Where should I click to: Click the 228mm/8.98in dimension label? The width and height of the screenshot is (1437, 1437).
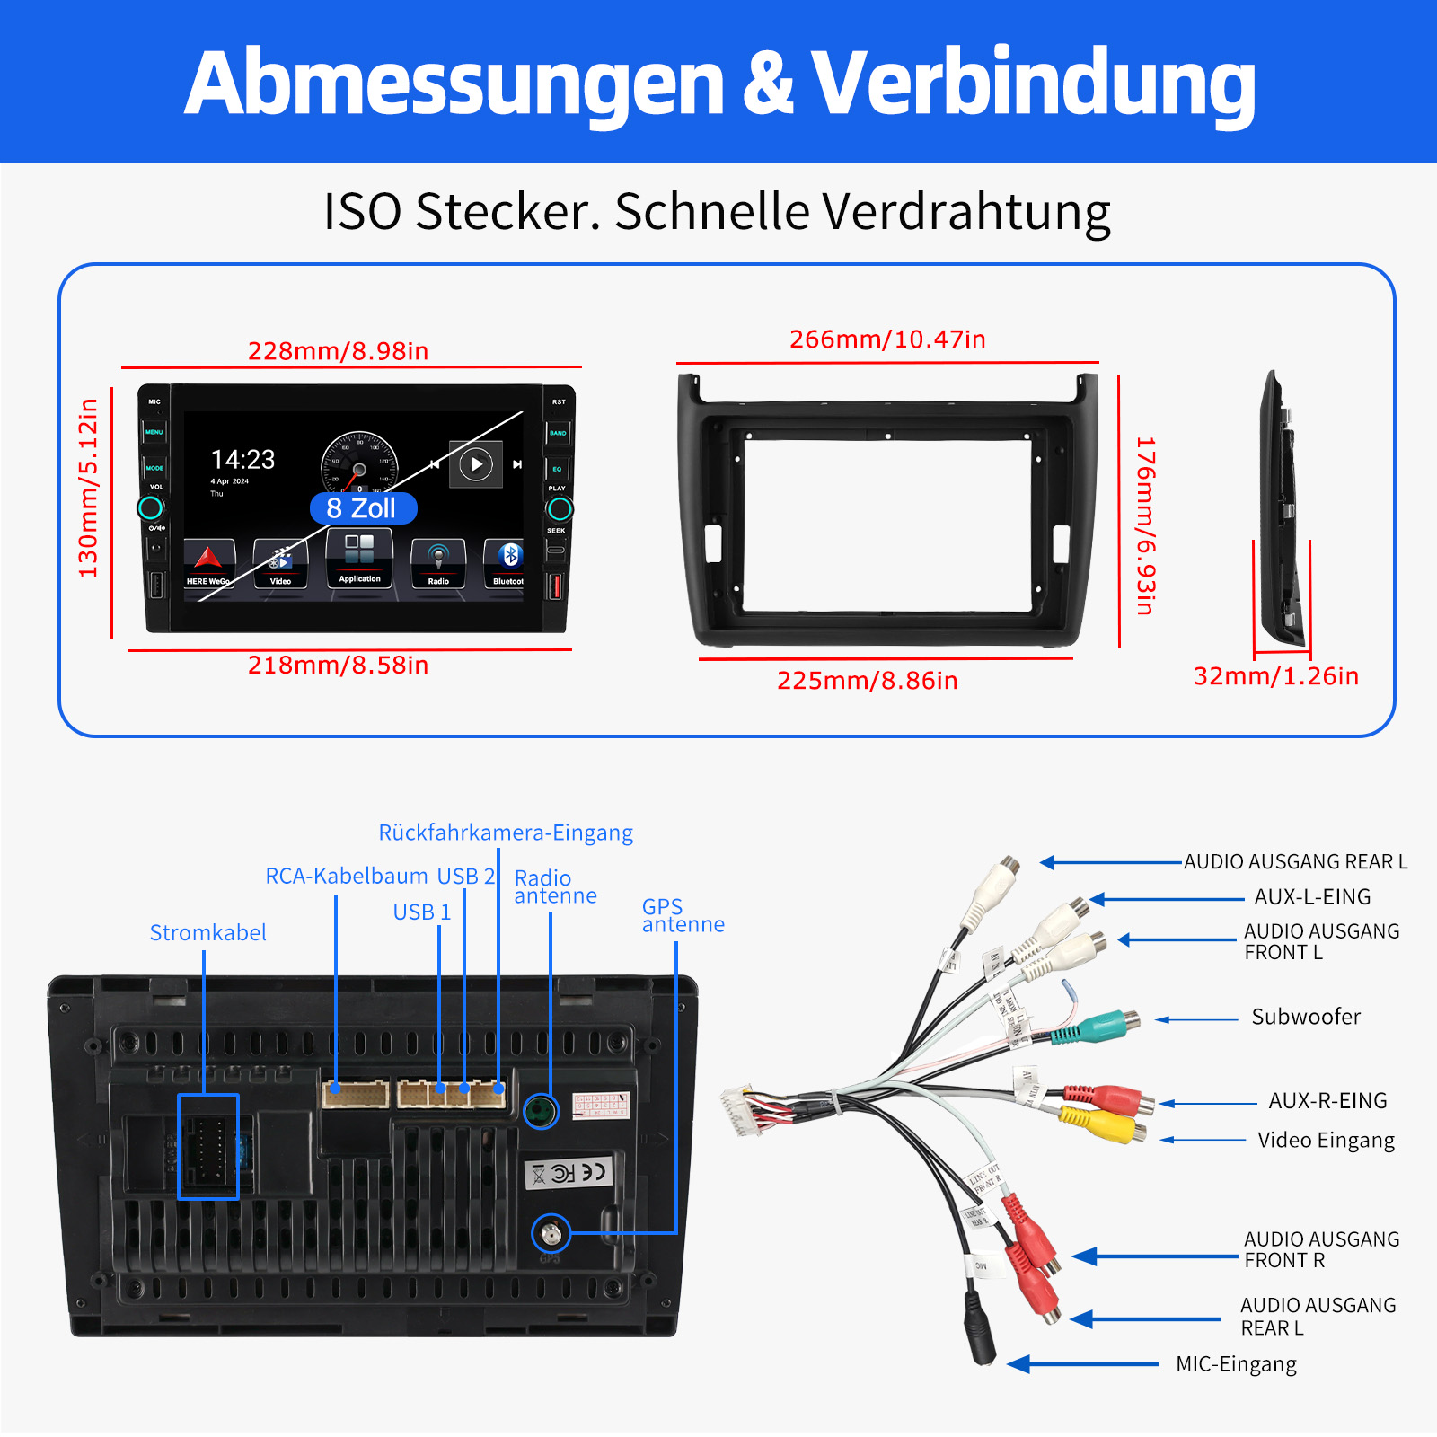tap(338, 351)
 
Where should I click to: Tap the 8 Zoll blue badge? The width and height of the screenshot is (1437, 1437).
tap(362, 508)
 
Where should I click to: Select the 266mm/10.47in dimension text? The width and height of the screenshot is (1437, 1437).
tap(887, 339)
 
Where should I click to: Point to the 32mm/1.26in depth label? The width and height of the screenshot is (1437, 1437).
tap(1275, 676)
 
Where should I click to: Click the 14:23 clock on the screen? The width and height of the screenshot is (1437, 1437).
tap(242, 460)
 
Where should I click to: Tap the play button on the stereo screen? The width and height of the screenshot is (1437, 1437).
tap(476, 464)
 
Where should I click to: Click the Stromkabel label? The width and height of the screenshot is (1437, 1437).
tap(207, 933)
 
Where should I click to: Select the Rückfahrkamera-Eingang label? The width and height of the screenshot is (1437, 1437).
tap(506, 833)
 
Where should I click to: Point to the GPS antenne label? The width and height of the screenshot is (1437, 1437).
tap(683, 915)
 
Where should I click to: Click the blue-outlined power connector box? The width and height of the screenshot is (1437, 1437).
tap(208, 1147)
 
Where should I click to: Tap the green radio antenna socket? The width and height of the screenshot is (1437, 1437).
tap(541, 1112)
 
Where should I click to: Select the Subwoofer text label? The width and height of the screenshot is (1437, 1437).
tap(1306, 1017)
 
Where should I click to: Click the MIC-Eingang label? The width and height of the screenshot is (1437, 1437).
tap(1236, 1364)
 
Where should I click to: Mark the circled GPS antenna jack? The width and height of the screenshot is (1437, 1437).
tap(551, 1234)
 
